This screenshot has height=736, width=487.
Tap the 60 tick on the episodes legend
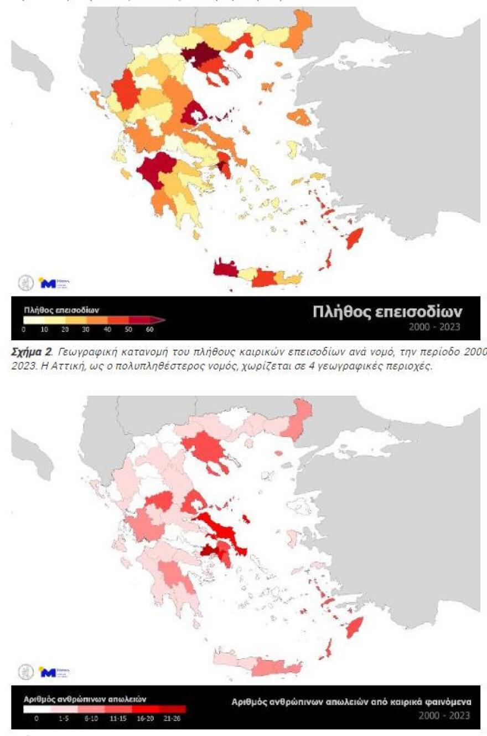(149, 330)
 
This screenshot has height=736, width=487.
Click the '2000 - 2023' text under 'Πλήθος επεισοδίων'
(434, 326)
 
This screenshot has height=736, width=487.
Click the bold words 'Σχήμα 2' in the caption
(28, 349)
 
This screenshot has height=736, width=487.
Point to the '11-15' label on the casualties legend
(118, 718)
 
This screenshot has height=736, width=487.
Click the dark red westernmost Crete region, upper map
(225, 268)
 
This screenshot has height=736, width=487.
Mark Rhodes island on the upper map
(354, 239)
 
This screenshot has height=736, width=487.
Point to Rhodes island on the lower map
(354, 628)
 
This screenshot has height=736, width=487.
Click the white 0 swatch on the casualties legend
(37, 709)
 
